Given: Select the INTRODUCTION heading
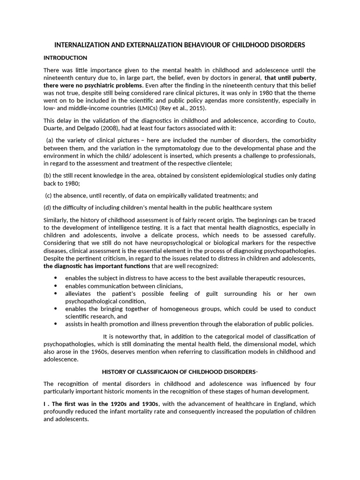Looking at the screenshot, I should click(x=65, y=58).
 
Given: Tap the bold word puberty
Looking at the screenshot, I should click(x=302, y=78).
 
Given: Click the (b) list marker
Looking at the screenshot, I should click(x=47, y=175).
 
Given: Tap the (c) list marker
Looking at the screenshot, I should click(x=48, y=195).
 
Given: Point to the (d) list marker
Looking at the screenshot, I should click(x=47, y=208).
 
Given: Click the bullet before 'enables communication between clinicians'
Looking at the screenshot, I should click(x=56, y=286).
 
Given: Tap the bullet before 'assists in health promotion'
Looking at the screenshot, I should click(x=56, y=324).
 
